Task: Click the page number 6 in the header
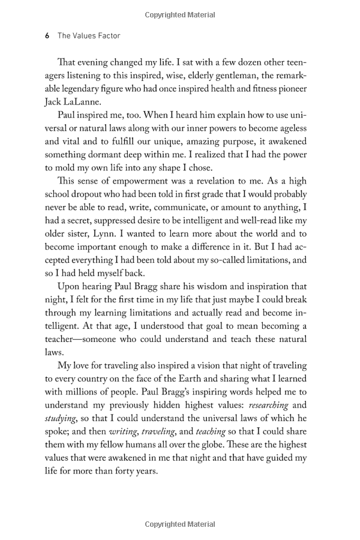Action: pos(47,36)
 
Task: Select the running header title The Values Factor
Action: pos(89,36)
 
